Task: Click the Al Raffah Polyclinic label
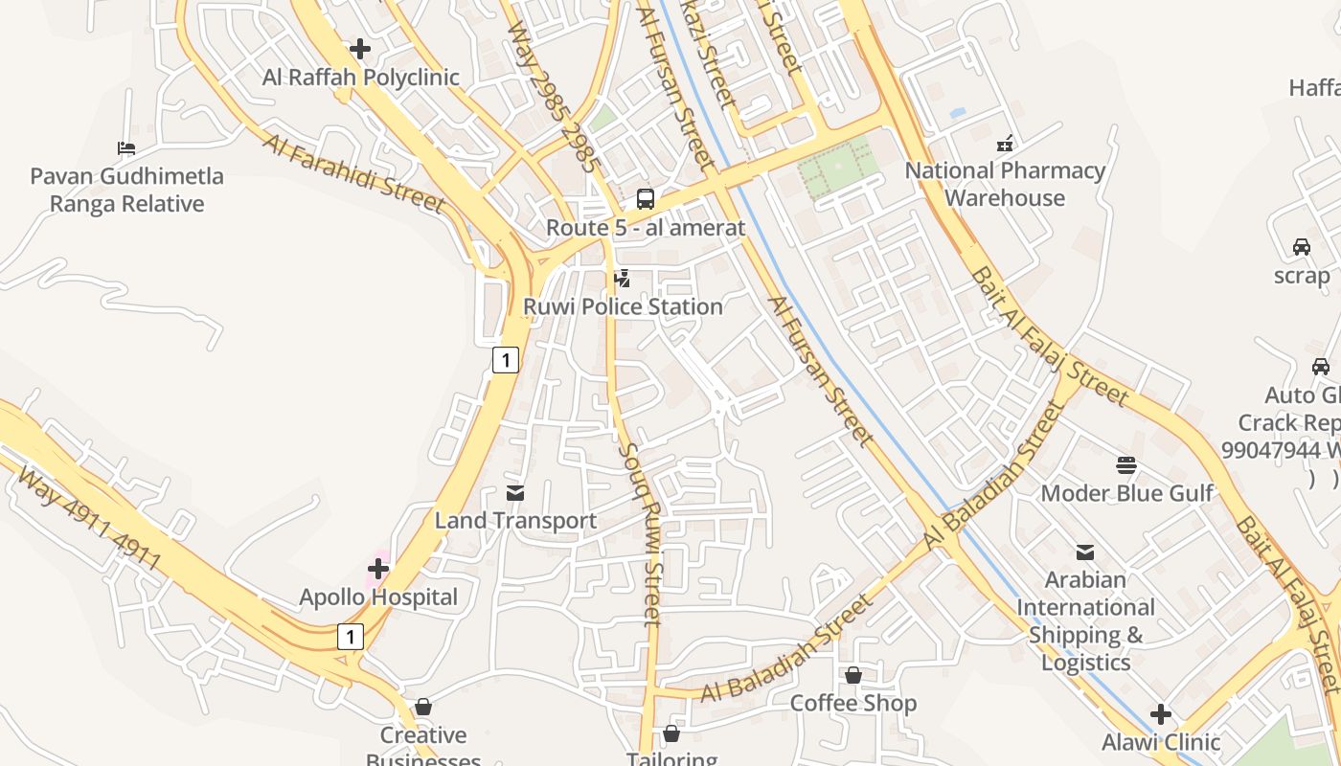[x=361, y=78]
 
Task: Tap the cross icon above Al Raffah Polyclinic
[x=360, y=48]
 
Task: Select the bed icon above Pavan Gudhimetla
[x=126, y=147]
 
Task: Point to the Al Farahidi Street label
[x=353, y=172]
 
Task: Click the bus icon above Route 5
[x=646, y=199]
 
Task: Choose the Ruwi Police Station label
[x=623, y=307]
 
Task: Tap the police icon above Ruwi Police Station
[x=622, y=279]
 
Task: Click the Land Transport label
[x=515, y=521]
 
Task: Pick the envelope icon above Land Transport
[x=515, y=493]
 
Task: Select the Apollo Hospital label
[x=378, y=597]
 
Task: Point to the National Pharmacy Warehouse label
[x=1005, y=185]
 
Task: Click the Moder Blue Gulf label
[x=1126, y=493]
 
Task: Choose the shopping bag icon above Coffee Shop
[x=853, y=675]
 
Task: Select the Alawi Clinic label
[x=1161, y=742]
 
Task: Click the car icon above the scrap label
[x=1302, y=247]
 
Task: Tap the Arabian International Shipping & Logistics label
[x=1085, y=620]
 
